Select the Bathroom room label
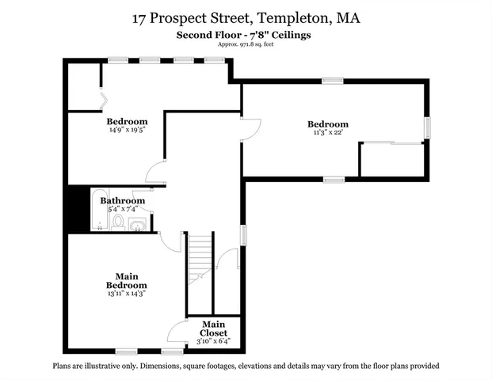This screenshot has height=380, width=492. (122, 201)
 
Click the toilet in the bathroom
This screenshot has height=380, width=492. (118, 222)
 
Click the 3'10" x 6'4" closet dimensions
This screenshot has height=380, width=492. (212, 341)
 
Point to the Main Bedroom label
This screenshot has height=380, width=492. (127, 280)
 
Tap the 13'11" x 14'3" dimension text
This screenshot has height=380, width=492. (127, 293)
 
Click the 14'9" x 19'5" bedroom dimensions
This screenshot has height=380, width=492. (127, 130)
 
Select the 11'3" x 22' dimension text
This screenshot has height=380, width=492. (327, 134)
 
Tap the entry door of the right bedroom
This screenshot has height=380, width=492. (250, 128)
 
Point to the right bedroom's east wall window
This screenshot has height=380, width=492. (426, 127)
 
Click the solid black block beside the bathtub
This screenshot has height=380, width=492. (75, 209)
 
